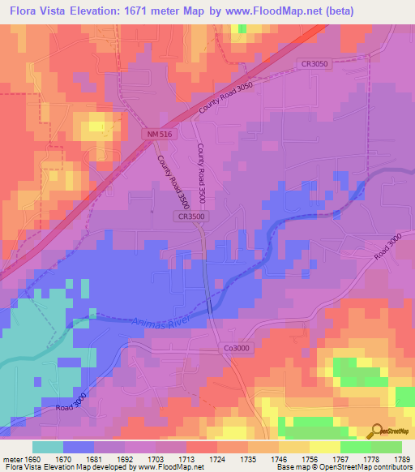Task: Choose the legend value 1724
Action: tap(217, 458)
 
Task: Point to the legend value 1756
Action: tap(310, 458)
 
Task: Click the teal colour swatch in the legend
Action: tap(48, 447)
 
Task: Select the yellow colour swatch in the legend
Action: tap(324, 447)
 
